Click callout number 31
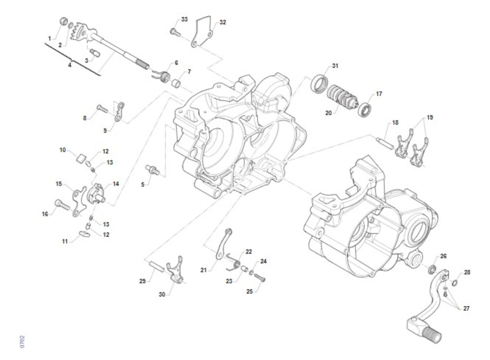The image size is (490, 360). pos(335,66)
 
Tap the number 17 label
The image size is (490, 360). pos(379,94)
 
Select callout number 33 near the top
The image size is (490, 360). pos(185,20)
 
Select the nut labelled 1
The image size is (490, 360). pos(63,21)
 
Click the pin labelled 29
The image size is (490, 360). pos(157,266)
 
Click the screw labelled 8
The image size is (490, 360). pos(102,109)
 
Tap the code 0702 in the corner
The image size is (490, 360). pos(22,341)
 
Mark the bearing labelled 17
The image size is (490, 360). pos(365,110)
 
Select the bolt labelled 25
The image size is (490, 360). pos(260,277)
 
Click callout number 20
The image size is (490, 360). pos(328,113)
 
